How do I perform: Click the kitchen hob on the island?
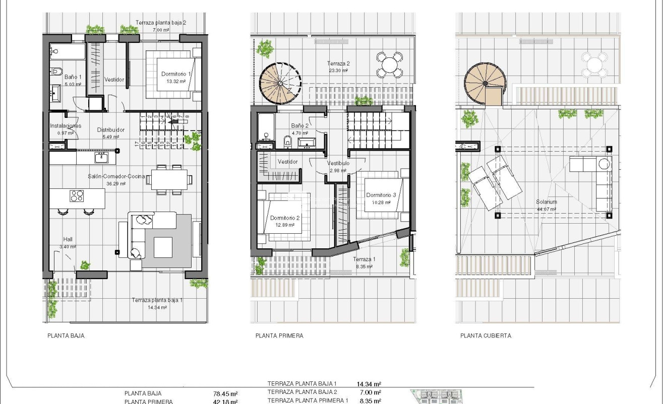[x=76, y=195]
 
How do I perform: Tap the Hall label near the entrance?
[x=68, y=239]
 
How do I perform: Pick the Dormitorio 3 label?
[x=381, y=195]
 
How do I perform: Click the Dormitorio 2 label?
[x=285, y=218]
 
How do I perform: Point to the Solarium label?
[x=547, y=202]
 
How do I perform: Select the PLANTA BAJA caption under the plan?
[x=66, y=335]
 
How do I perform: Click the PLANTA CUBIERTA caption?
[x=486, y=335]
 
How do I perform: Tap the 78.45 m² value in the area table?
[x=226, y=394]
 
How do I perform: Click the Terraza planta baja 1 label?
[x=157, y=300]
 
